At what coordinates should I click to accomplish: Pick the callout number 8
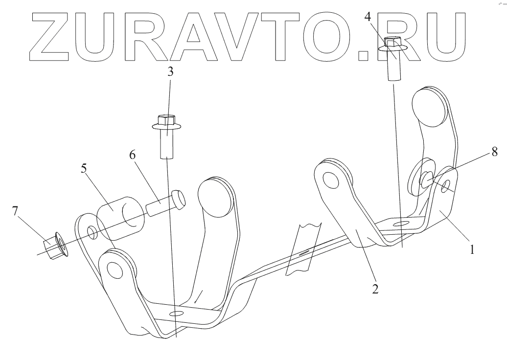pos(495,152)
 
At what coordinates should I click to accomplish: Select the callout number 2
pos(375,288)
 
